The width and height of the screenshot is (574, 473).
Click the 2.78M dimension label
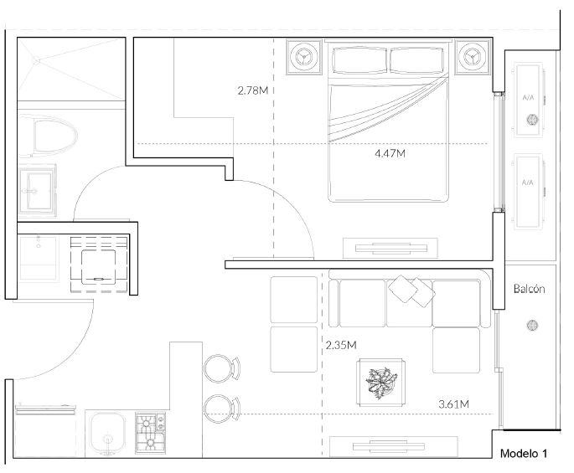point(252,90)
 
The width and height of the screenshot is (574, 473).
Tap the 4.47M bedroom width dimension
point(390,153)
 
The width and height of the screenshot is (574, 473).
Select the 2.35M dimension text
point(341,345)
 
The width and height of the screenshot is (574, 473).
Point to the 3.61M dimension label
point(453,404)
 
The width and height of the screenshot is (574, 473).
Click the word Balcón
point(529,289)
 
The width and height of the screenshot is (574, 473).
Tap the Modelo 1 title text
point(524,454)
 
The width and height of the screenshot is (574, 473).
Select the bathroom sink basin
point(38,190)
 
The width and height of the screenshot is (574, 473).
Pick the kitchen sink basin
point(107,434)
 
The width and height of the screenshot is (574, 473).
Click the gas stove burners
point(150,434)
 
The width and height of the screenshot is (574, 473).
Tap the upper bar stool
point(221,368)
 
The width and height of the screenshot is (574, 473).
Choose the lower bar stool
point(221,409)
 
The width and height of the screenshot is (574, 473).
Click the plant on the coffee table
point(381,383)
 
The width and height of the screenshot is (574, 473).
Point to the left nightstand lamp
point(304,58)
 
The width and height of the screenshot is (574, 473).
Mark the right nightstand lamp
point(472,58)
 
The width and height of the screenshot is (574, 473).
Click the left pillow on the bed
point(359,60)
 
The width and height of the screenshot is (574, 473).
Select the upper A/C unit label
point(528,98)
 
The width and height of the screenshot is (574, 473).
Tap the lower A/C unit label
point(528,183)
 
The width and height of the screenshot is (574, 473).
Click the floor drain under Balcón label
point(532,325)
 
